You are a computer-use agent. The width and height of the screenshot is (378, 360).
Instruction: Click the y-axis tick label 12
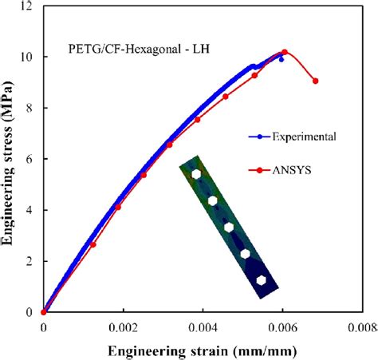29,6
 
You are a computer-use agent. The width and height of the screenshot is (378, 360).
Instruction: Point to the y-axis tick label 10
29,57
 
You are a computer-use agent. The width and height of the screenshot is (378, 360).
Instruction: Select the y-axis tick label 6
32,159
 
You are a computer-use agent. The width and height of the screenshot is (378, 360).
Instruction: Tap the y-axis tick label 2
32,261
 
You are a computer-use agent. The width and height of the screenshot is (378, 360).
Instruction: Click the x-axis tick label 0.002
122,327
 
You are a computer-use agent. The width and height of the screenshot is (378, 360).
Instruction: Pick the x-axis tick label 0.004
202,327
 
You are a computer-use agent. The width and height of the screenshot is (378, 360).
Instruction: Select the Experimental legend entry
295,136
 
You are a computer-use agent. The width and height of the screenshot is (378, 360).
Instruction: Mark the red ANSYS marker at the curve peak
285,53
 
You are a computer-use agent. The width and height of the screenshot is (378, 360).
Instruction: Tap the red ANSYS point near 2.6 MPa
93,244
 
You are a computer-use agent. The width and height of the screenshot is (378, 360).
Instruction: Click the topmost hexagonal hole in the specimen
196,174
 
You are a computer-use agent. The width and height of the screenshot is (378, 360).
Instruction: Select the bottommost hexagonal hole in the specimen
261,279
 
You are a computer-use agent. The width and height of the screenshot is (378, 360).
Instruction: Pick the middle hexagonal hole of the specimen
229,227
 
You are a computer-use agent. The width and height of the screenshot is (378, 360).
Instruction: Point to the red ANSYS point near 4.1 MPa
118,207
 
